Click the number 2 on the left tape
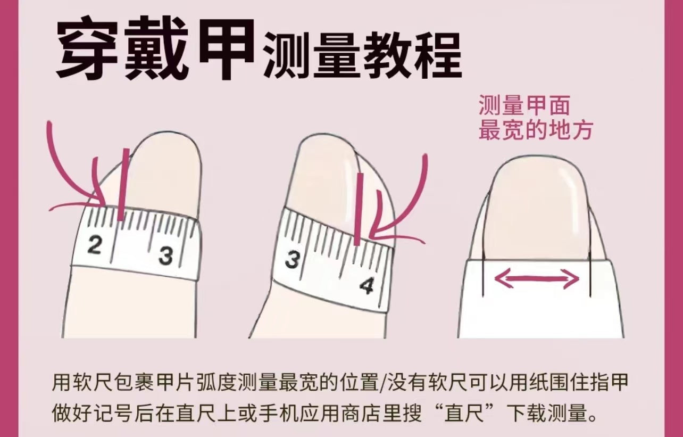pos(95,246)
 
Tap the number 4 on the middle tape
pos(367,286)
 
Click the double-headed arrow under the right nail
pos(537,278)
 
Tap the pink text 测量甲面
pos(524,106)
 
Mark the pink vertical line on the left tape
pos(124,184)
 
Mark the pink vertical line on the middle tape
pos(357,210)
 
